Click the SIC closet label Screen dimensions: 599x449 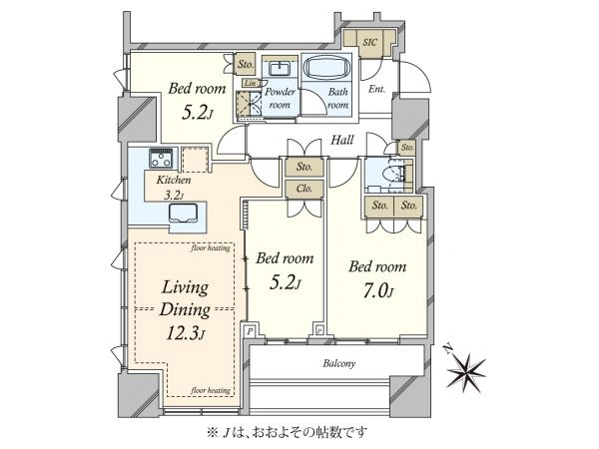click(x=369, y=42)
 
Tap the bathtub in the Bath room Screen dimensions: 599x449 click(x=327, y=67)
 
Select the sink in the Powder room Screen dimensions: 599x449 click(x=280, y=69)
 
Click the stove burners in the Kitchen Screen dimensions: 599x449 click(x=161, y=158)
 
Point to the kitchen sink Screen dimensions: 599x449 click(x=184, y=213)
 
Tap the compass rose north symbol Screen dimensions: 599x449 click(x=466, y=369)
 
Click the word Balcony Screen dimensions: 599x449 click(x=339, y=363)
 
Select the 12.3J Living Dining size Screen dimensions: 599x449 click(x=186, y=333)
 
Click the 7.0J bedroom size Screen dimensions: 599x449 click(x=377, y=291)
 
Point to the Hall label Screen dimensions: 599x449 click(x=341, y=140)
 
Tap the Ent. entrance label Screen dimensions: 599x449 click(x=376, y=90)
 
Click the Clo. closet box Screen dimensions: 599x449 click(x=304, y=189)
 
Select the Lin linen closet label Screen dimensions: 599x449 click(x=251, y=83)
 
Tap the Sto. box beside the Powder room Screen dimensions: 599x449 click(x=245, y=64)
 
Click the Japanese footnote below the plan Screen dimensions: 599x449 click(x=287, y=432)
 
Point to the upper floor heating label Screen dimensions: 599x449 click(x=211, y=247)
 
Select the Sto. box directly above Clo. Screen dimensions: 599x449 click(x=304, y=167)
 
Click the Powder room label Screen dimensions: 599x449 click(x=280, y=98)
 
